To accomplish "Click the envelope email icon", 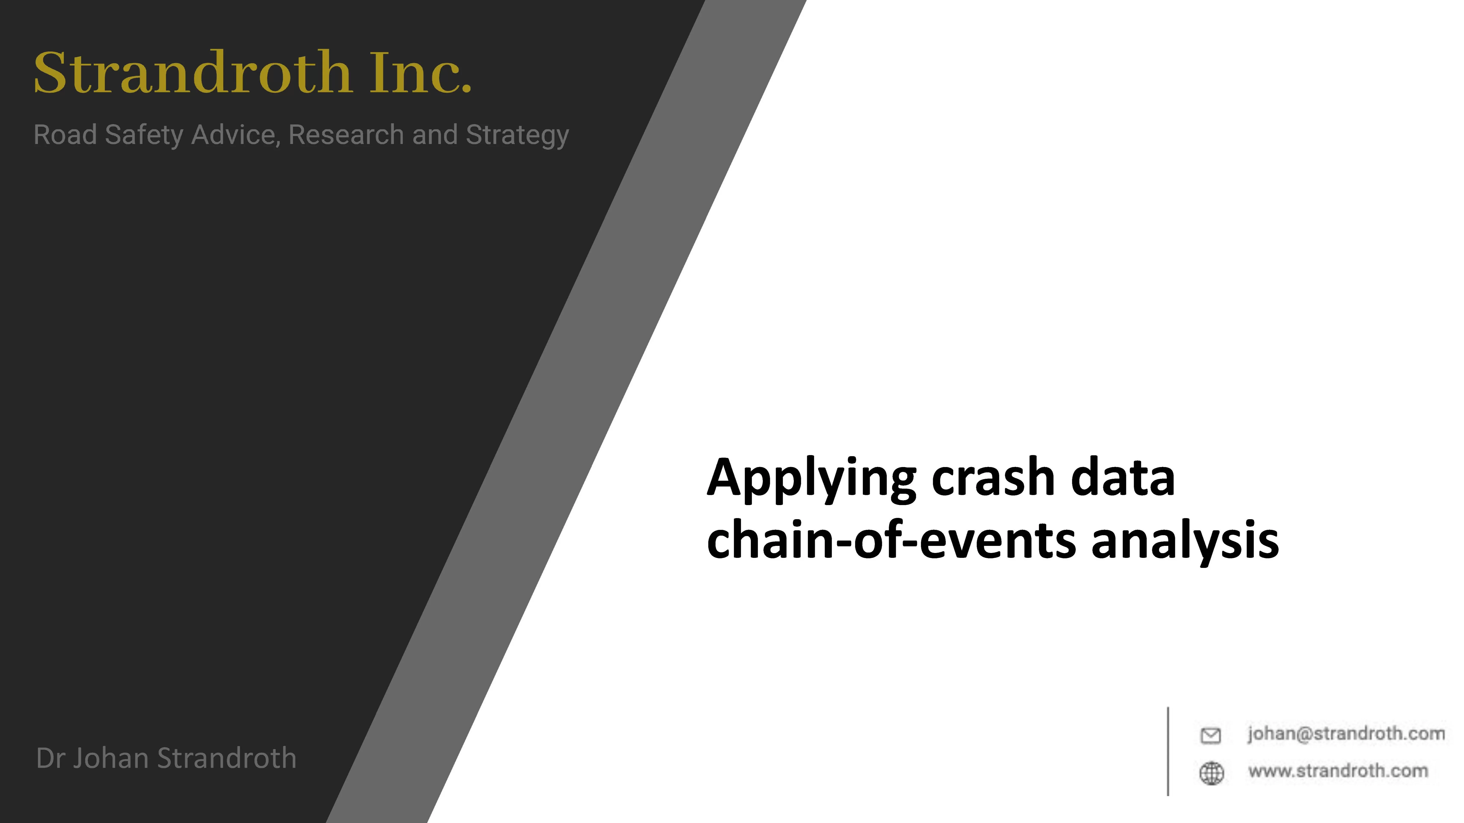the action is pos(1210,736).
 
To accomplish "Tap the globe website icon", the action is pos(1211,773).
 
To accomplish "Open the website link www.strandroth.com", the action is pos(1338,771).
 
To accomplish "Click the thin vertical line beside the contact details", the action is pos(1168,751).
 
